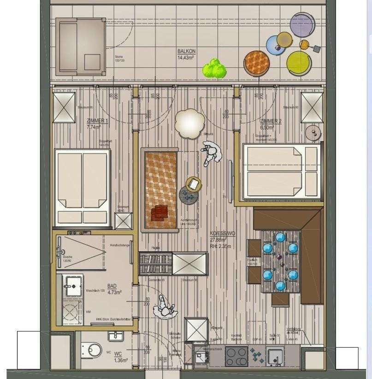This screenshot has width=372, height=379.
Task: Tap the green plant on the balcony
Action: (214, 69)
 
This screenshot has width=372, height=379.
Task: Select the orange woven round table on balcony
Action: (257, 63)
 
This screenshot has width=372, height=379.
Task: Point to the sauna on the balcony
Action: (80, 47)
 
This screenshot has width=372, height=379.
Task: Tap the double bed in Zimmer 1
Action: (83, 186)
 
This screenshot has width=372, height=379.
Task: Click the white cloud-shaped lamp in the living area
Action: (189, 123)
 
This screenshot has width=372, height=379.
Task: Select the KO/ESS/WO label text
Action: (223, 234)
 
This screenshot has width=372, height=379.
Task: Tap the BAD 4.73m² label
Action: (114, 289)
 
